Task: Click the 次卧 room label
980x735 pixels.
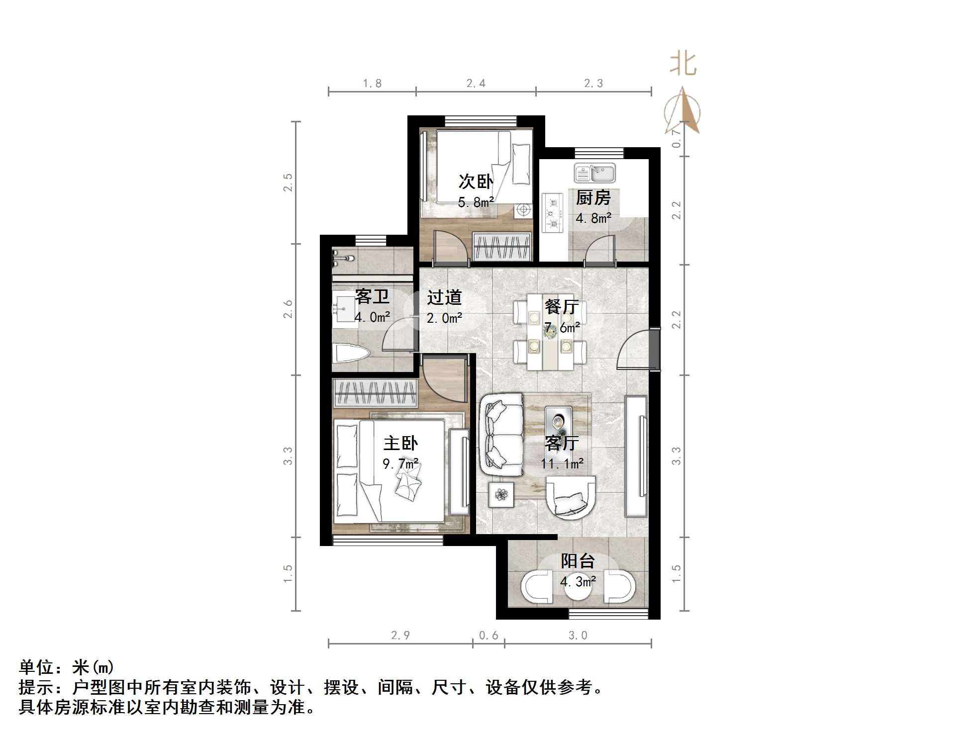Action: [x=476, y=182]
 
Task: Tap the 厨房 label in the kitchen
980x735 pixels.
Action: [x=593, y=198]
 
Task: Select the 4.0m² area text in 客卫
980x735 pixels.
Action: [x=372, y=317]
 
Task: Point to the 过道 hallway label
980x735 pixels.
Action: [x=444, y=297]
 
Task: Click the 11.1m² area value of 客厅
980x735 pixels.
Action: [x=562, y=464]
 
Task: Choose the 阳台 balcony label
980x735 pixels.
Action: [x=578, y=561]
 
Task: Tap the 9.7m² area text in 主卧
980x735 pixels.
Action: [x=400, y=464]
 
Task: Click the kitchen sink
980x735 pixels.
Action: [x=595, y=173]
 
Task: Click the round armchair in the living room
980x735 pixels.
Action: [x=571, y=497]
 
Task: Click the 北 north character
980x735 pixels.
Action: [x=683, y=65]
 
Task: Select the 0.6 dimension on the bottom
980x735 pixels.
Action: [x=488, y=636]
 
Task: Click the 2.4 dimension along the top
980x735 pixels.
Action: [x=476, y=84]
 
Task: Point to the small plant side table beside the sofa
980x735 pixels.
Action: [x=501, y=494]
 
